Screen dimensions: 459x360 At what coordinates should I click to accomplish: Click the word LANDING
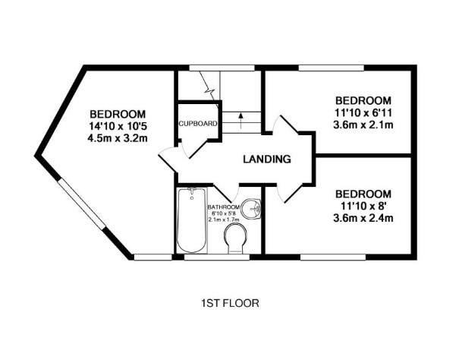tap(267, 159)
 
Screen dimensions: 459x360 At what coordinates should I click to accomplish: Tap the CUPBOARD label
tap(198, 124)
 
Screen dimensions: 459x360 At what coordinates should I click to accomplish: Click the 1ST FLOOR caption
tap(230, 303)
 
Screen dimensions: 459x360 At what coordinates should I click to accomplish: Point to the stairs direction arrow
tap(241, 121)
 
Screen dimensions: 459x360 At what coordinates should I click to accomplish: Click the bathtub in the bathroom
tap(192, 220)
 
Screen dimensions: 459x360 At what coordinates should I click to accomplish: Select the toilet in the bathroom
tap(235, 238)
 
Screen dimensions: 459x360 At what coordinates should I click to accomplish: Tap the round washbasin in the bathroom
tap(251, 209)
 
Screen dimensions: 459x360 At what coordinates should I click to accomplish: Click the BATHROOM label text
tap(224, 207)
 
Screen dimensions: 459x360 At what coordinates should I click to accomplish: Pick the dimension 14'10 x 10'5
tap(118, 126)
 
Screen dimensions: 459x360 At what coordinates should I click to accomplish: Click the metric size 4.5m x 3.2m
tap(118, 137)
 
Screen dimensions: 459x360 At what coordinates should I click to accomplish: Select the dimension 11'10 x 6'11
tap(363, 112)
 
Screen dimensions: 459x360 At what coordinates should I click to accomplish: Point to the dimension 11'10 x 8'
tap(363, 206)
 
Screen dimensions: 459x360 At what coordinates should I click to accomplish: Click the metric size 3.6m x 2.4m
tap(363, 218)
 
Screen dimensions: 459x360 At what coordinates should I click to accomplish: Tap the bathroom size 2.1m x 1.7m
tap(224, 219)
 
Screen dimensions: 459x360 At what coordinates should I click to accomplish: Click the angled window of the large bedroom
tap(81, 204)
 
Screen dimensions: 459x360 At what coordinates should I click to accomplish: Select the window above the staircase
tap(222, 68)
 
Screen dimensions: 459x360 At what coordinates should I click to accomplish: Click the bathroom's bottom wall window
tap(217, 257)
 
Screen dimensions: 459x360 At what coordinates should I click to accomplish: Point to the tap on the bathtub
tap(192, 191)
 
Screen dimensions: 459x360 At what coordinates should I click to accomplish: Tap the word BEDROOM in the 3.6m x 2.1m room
tap(363, 100)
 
